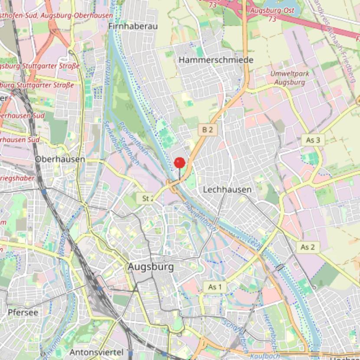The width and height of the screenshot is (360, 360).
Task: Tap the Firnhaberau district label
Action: [x=132, y=27]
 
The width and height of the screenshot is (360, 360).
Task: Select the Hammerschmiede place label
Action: [x=216, y=60]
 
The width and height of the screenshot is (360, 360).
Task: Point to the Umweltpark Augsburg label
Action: [x=290, y=78]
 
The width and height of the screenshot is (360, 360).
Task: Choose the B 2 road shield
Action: [x=207, y=129]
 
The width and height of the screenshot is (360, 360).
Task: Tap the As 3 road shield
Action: [x=313, y=140]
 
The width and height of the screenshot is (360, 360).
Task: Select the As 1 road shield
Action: [x=215, y=287]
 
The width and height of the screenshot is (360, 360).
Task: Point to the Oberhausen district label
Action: [x=60, y=159]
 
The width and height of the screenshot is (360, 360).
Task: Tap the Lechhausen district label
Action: [x=227, y=190]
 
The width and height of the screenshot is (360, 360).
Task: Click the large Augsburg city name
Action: [x=151, y=267]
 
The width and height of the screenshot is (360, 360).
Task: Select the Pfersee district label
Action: [x=23, y=312]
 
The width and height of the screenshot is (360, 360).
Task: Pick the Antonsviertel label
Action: [x=96, y=352]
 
